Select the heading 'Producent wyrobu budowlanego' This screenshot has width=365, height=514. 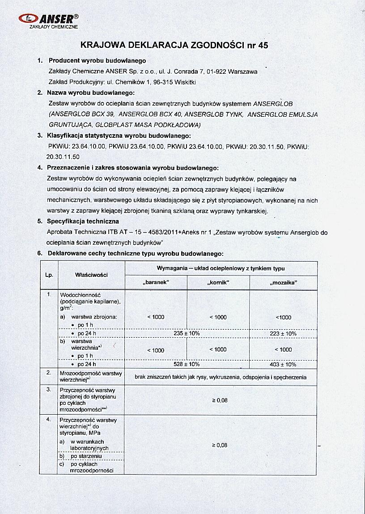tap(97, 60)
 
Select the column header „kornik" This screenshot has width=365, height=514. tap(218, 283)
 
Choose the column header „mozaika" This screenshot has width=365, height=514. tap(284, 283)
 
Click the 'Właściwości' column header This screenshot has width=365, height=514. tap(92, 275)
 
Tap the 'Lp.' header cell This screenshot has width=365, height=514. tap(49, 275)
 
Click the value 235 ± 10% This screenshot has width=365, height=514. tap(187, 333)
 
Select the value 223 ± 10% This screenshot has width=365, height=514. tap(284, 333)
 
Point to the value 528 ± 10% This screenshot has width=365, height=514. tap(187, 364)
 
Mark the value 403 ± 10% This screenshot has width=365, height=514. tap(284, 364)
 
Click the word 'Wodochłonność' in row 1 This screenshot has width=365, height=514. tap(80, 295)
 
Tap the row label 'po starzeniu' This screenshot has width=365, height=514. tap(86, 456)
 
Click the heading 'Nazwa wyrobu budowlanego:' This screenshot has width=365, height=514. tap(92, 93)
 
